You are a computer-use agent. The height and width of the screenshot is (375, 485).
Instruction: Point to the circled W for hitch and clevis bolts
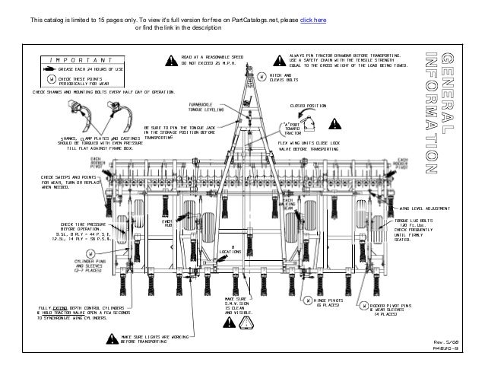(x=261, y=77)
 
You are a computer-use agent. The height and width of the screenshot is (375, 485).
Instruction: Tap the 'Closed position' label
(x=308, y=106)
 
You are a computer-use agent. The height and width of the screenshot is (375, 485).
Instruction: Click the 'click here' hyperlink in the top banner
(x=312, y=17)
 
